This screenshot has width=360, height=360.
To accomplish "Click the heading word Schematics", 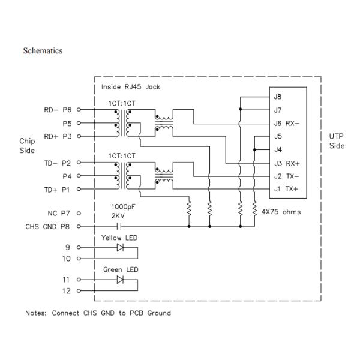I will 43,51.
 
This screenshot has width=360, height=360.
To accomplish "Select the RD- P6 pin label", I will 58,110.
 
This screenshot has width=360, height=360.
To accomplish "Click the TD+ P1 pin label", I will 58,190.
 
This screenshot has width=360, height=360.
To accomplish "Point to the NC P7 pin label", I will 59,213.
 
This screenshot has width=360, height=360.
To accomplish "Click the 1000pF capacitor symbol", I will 119,227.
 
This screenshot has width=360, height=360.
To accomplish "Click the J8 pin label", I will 277,97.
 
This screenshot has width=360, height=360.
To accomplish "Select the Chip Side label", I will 27,146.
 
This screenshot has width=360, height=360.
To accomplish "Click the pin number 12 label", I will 67,291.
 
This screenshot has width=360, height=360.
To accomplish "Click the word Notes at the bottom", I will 37,313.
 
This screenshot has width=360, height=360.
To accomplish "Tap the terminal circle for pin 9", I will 79,247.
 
